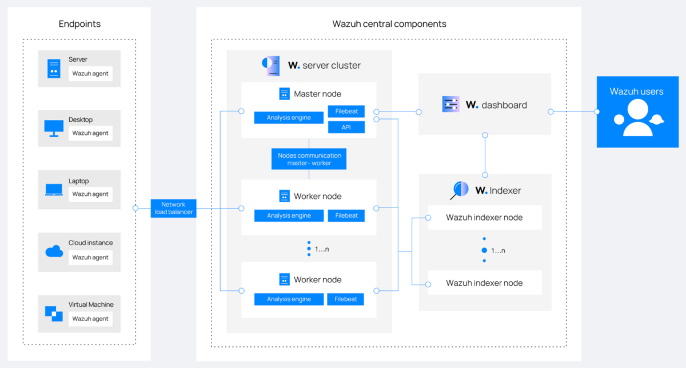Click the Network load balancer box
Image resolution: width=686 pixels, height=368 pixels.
tap(174, 208)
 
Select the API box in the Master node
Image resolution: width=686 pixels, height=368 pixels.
tap(346, 127)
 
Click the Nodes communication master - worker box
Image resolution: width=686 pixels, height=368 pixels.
tap(309, 159)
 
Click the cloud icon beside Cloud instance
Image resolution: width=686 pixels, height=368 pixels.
tap(54, 251)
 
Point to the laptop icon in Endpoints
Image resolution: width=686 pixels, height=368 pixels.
tap(54, 190)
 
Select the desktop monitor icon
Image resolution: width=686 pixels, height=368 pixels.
tap(54, 128)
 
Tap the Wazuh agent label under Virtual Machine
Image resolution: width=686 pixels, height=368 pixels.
tap(90, 319)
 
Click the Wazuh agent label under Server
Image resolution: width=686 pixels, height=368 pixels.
tap(90, 74)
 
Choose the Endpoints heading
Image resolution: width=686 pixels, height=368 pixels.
tap(79, 24)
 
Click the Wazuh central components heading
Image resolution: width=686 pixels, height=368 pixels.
tap(389, 24)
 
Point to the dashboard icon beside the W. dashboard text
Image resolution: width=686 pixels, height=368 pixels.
tap(450, 105)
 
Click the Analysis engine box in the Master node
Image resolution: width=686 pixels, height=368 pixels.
tap(289, 118)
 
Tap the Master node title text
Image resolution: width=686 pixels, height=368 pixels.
tap(317, 94)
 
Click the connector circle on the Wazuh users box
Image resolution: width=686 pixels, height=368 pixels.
tap(597, 111)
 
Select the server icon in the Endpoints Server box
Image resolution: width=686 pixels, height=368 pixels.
tap(54, 69)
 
